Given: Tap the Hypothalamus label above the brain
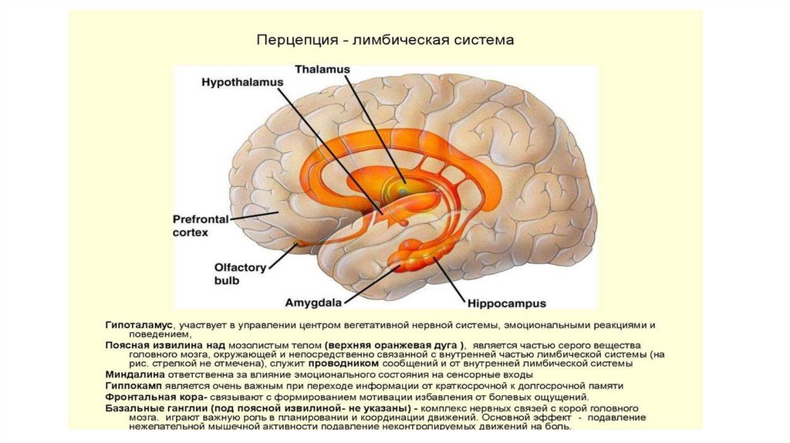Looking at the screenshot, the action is point(241,82).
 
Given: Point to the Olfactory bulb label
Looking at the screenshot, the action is point(239,275).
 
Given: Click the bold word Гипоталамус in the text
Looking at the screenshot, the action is point(139,326).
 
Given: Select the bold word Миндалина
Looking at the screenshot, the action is point(133,374).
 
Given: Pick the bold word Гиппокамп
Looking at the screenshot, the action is point(133,385).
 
